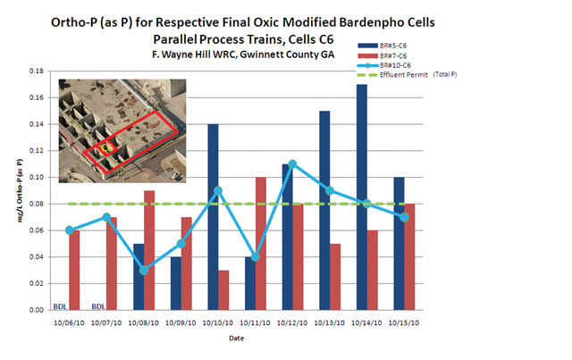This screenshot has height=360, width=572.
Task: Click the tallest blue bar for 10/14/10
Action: coord(361,197)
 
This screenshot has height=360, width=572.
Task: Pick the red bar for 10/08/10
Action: coord(149,250)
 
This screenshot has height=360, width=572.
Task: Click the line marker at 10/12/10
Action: coord(292,164)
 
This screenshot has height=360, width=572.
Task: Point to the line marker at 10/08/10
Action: coord(145,270)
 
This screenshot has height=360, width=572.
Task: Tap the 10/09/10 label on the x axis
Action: coord(180,322)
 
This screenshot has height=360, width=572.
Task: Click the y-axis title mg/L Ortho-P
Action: coord(17,190)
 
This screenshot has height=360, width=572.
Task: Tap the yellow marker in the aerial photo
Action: coord(105,146)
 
